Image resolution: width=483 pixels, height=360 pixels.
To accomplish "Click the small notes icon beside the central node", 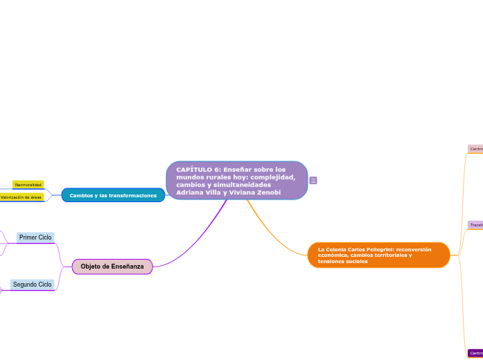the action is [x=313, y=181].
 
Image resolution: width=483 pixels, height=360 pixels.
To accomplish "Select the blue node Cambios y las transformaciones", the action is [x=113, y=196].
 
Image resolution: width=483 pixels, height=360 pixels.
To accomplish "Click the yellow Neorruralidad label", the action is [x=28, y=185].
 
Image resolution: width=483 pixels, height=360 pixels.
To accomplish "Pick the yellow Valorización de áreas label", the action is [x=21, y=197].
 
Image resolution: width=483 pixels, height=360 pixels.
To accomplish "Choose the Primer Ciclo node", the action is [x=35, y=237].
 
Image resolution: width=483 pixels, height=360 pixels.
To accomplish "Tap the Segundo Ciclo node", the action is [x=33, y=285].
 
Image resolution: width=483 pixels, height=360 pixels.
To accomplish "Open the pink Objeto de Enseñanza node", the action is [x=112, y=267].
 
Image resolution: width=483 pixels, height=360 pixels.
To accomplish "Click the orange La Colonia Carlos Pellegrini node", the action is [x=378, y=255].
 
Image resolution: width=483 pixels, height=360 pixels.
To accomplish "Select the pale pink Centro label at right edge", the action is [x=475, y=149].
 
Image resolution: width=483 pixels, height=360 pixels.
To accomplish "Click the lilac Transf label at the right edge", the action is [x=475, y=225].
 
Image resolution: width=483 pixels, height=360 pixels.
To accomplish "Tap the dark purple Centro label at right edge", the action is [x=475, y=353].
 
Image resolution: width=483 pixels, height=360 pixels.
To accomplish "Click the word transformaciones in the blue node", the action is [x=135, y=196].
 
